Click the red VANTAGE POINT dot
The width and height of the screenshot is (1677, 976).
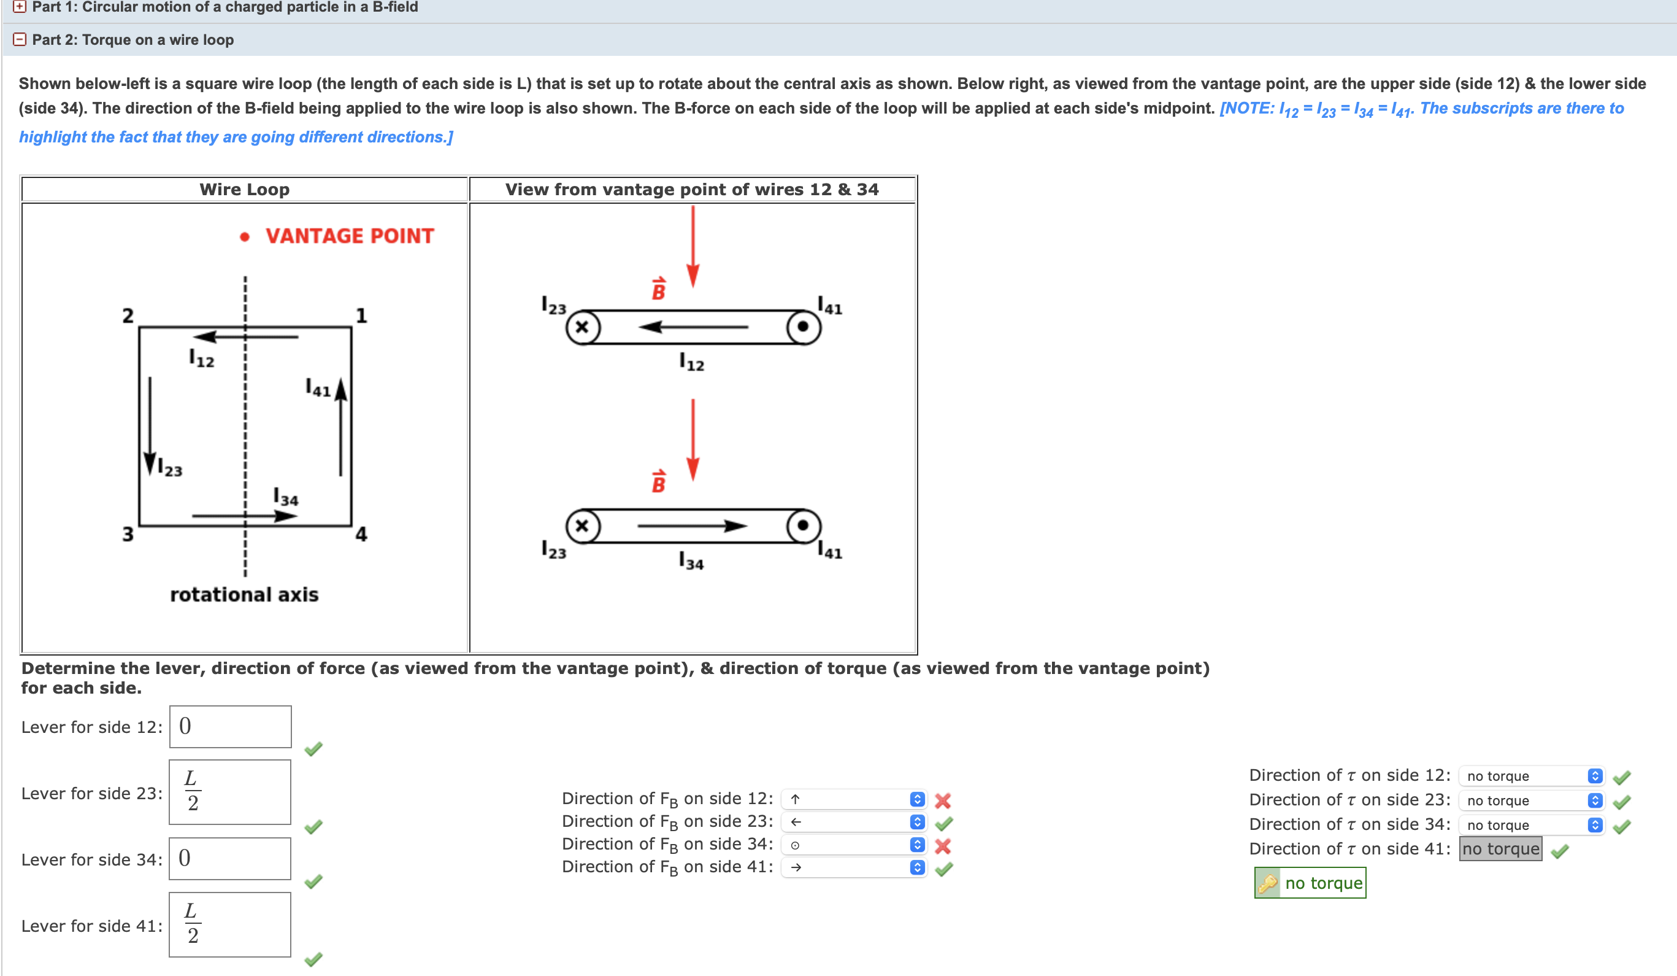click(x=244, y=237)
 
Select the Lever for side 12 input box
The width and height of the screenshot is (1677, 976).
click(x=230, y=726)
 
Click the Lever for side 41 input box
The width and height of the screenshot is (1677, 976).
click(x=230, y=924)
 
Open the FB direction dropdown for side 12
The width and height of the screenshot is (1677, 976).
click(x=854, y=799)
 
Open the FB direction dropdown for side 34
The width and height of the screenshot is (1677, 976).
click(x=854, y=845)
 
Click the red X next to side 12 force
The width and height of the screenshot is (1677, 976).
click(x=942, y=800)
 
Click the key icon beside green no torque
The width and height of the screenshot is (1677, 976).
click(x=1267, y=883)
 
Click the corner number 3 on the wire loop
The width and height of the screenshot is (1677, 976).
click(x=128, y=534)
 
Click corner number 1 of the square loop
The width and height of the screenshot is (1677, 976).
click(x=361, y=315)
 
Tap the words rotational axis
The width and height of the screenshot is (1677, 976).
click(x=244, y=595)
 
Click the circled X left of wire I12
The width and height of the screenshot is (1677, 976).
click(x=583, y=327)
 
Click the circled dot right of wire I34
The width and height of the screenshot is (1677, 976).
click(x=803, y=526)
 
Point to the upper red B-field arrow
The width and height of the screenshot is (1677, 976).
click(x=693, y=246)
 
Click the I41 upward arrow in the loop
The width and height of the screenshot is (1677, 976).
click(x=340, y=426)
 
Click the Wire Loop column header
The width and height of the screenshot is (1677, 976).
click(x=244, y=190)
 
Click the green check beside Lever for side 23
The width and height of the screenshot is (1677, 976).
click(x=313, y=827)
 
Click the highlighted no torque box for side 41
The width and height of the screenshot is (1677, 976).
click(x=1500, y=849)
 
